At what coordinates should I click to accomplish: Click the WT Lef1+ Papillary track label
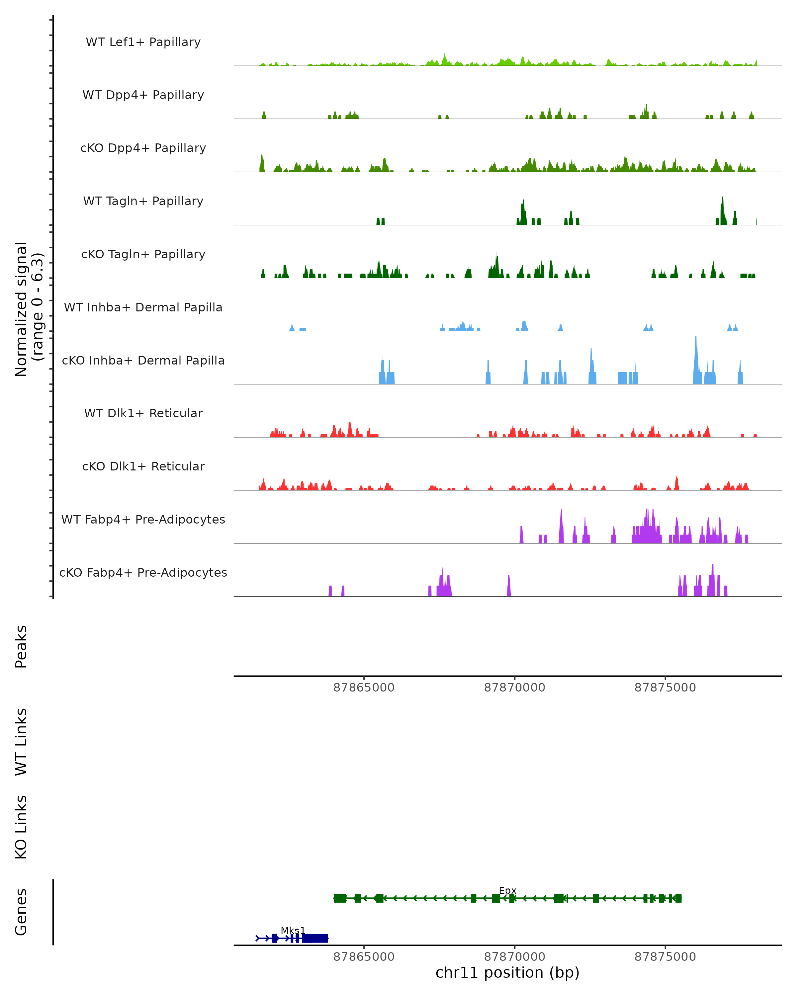(143, 42)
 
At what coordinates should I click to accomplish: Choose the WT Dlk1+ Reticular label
(143, 413)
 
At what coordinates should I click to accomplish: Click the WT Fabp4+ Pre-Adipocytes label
(143, 519)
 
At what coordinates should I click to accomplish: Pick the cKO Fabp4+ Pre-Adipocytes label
(143, 572)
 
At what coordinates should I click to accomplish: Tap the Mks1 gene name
(293, 930)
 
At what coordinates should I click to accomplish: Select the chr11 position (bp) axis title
(507, 972)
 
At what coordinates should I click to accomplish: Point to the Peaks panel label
(21, 646)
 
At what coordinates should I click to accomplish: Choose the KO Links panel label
(21, 827)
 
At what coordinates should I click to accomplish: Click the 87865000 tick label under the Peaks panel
(364, 688)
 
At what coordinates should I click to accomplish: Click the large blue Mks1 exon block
(315, 938)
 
